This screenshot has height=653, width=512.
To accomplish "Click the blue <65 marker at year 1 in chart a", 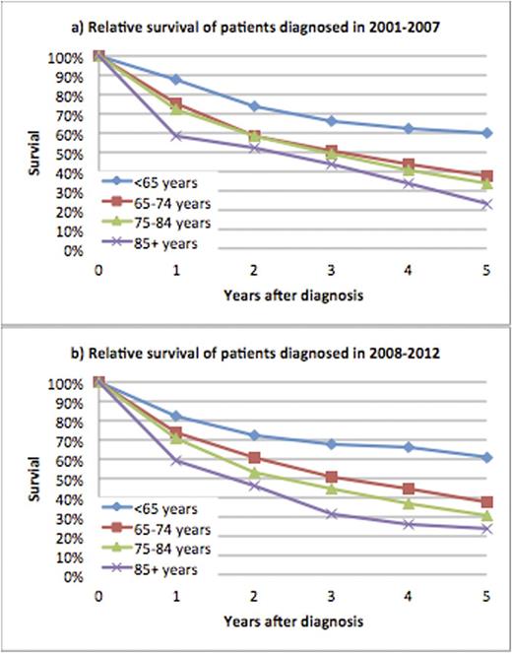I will (x=175, y=79).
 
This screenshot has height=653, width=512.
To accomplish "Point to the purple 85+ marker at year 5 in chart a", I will (x=486, y=204).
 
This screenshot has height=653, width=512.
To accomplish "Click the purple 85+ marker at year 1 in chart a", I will (x=175, y=136).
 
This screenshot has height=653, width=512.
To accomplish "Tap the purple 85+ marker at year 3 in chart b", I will (x=331, y=514).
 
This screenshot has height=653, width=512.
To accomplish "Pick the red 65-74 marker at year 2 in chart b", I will (x=253, y=458).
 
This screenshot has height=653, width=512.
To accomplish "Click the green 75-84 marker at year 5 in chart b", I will (x=486, y=516).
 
